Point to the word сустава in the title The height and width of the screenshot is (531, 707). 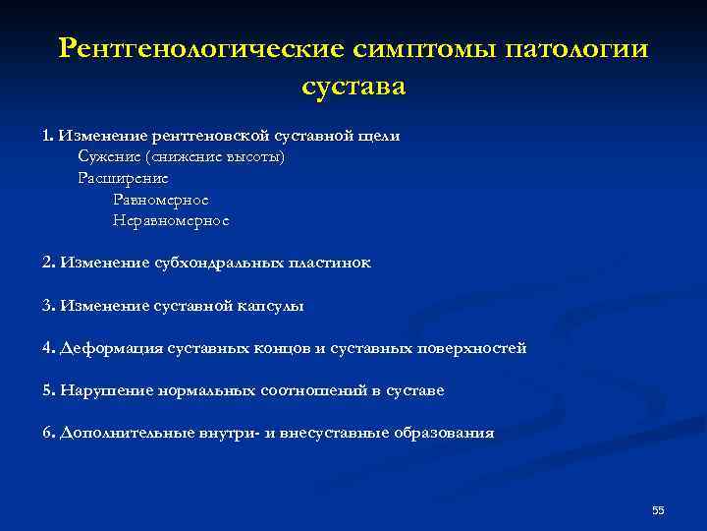[x=353, y=86]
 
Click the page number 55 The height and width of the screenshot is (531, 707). [x=658, y=509]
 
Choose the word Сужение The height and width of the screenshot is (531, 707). [x=108, y=157]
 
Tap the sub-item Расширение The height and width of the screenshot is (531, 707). [x=123, y=178]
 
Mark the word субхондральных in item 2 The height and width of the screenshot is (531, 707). [x=218, y=264]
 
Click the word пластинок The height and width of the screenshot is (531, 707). [x=329, y=264]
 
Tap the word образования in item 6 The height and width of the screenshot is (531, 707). [x=444, y=433]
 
